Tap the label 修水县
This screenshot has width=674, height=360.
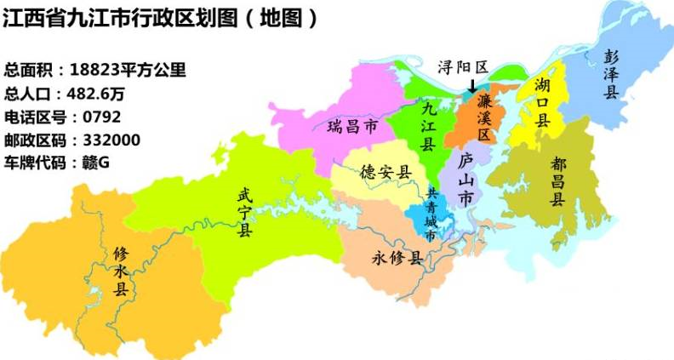[121, 270]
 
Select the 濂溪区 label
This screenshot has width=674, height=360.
[483, 117]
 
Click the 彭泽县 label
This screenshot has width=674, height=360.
[610, 74]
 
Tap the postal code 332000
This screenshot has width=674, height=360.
[107, 139]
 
